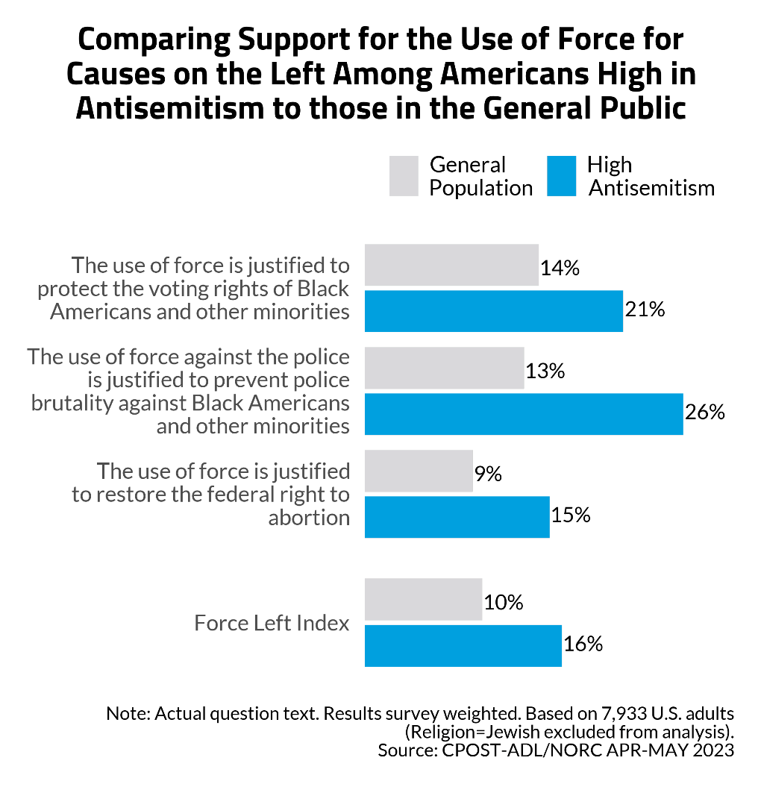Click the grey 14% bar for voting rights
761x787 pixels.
(x=451, y=265)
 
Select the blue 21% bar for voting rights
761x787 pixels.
(x=493, y=311)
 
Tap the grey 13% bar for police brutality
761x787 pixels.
(x=444, y=368)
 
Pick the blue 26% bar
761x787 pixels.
(x=524, y=414)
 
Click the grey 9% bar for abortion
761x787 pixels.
(x=419, y=471)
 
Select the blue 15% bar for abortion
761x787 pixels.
(x=457, y=517)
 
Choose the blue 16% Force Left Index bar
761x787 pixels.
(x=463, y=645)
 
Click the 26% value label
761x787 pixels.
(x=706, y=413)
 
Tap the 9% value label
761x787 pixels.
(x=488, y=473)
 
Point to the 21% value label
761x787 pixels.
(x=645, y=309)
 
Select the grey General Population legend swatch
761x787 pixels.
(x=404, y=176)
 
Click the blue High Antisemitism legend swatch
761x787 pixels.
(x=562, y=176)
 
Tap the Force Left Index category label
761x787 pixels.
(x=272, y=623)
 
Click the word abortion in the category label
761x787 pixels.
(x=308, y=518)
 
